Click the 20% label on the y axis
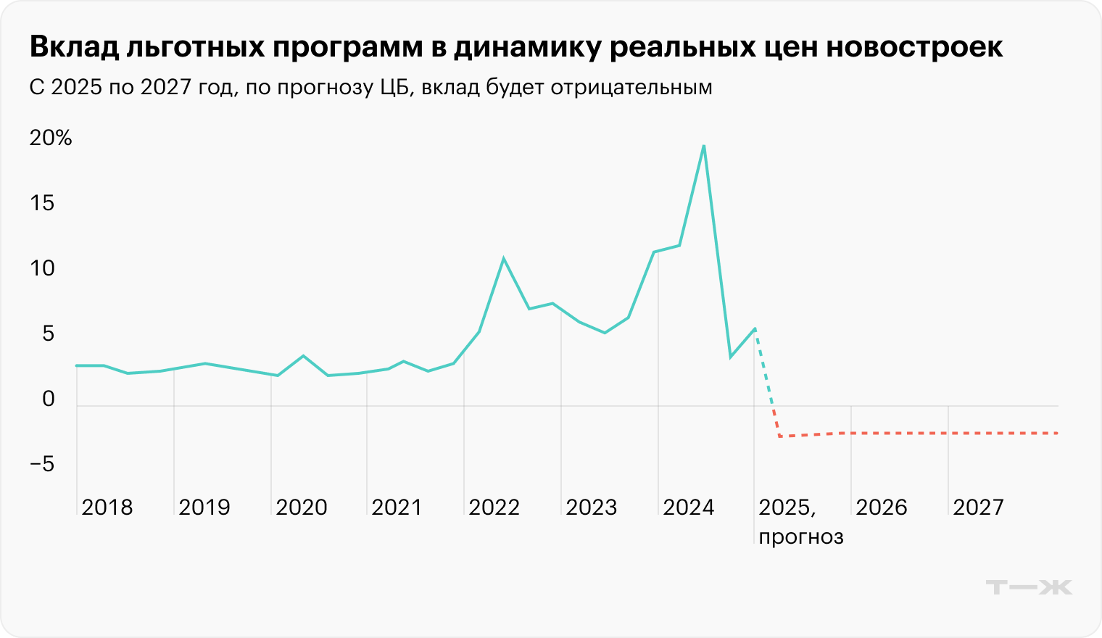click(x=51, y=138)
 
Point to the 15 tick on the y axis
click(x=42, y=203)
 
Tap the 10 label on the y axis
click(x=42, y=268)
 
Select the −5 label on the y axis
click(x=42, y=464)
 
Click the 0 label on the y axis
click(x=49, y=399)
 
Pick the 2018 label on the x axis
click(x=107, y=507)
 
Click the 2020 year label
click(x=302, y=507)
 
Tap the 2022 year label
click(x=494, y=507)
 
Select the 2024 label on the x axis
click(x=689, y=507)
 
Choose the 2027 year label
click(x=979, y=507)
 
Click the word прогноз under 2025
click(x=801, y=537)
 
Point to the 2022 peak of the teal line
click(x=503, y=259)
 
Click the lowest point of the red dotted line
click(x=780, y=436)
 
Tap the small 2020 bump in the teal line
click(x=303, y=356)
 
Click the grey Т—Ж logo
click(x=1029, y=587)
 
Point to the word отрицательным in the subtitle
click(x=631, y=88)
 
